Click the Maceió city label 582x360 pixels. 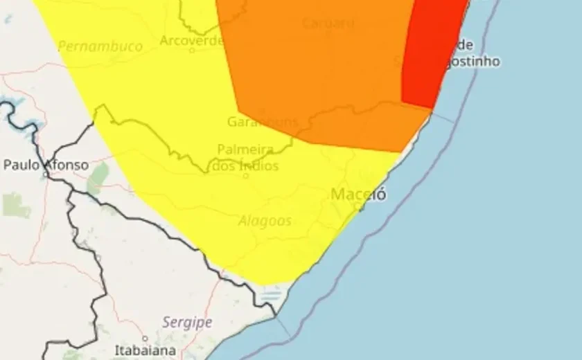point(358,195)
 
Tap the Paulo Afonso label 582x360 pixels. point(46,165)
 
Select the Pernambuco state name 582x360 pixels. point(100,46)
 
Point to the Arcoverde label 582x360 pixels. point(191,40)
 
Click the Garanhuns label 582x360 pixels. point(262,122)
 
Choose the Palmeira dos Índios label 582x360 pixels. point(247,157)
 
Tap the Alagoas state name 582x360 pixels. point(265,221)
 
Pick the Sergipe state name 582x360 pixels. point(187,322)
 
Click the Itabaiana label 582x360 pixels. point(145,350)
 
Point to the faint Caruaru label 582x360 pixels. point(328,23)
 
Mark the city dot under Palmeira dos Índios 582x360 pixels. point(245,176)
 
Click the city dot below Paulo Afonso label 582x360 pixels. point(46,175)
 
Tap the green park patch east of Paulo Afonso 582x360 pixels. point(98,179)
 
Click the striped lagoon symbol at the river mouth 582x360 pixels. point(269,298)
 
